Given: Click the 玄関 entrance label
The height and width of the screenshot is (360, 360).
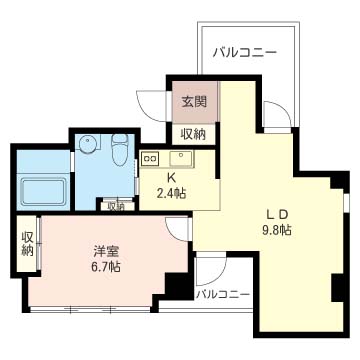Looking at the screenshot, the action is (194, 102).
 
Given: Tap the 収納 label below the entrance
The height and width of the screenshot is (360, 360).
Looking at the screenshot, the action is (193, 134).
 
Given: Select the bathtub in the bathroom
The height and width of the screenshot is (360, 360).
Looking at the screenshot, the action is (44, 191).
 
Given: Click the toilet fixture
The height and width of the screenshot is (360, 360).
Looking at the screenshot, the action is (120, 149).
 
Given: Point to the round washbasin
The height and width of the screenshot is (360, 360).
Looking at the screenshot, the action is (87, 145).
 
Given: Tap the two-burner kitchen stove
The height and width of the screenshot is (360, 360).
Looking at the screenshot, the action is (150, 158).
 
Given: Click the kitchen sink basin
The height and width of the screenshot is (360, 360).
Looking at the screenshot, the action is (181, 158).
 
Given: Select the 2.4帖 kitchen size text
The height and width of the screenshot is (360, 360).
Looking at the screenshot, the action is (171, 193).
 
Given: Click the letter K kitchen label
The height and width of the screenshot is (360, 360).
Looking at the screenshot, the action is (171, 178).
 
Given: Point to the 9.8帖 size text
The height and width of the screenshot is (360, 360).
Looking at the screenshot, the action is (277, 230).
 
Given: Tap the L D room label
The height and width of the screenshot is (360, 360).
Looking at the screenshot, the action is (276, 214).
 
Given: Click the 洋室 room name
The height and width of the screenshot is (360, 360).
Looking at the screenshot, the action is (107, 251).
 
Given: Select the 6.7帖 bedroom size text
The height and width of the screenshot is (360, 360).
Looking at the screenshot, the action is (106, 267).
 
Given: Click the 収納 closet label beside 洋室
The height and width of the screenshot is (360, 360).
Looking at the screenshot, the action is (28, 243).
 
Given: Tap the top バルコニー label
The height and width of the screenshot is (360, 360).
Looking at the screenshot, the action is (245, 52).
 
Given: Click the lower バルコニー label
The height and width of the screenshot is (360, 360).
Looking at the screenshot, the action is (223, 294).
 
